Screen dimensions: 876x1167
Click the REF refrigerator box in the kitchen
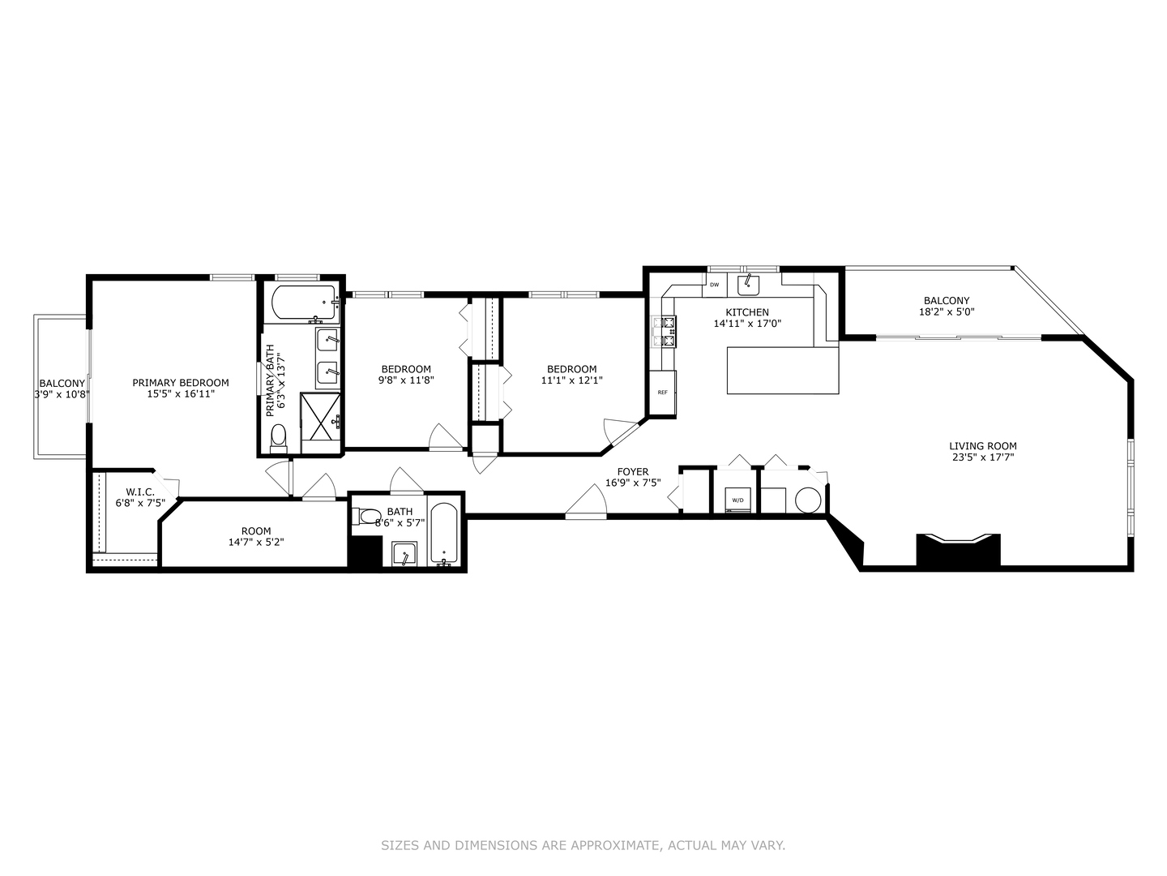point(662,393)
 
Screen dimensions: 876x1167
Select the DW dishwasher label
point(714,285)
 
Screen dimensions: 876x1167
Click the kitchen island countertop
point(782,370)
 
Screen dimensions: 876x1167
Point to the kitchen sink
point(748,285)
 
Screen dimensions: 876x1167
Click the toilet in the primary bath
point(279,437)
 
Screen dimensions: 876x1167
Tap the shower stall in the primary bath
point(321,418)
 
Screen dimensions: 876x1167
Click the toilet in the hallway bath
point(369,516)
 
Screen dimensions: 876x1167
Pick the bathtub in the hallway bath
point(445,535)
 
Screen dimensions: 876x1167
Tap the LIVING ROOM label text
point(982,445)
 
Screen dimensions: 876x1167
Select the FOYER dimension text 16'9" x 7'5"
point(633,483)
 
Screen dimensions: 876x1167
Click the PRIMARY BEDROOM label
point(181,383)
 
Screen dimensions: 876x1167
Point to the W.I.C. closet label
point(140,492)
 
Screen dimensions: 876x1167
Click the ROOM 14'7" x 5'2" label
point(256,537)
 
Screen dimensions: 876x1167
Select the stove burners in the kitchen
point(669,332)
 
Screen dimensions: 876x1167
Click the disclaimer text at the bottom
point(583,845)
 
